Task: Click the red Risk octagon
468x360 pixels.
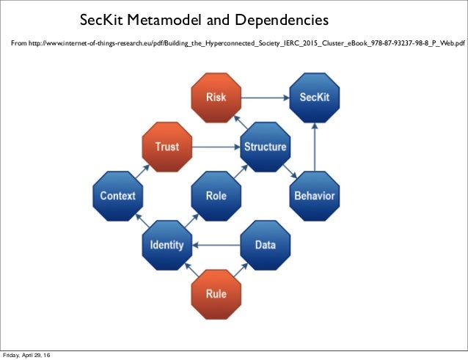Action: tap(216, 98)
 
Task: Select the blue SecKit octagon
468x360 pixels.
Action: tap(314, 98)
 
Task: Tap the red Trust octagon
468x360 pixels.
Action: tap(167, 147)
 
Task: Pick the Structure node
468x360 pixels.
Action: tap(265, 147)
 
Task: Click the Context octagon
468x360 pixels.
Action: tap(117, 196)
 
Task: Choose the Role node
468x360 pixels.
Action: tap(216, 196)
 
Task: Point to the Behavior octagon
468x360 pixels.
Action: tap(314, 196)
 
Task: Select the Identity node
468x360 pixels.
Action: tap(167, 245)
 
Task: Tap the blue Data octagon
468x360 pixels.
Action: tap(265, 245)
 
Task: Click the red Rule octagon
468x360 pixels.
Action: tap(216, 294)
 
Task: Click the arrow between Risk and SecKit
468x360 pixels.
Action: tap(265, 98)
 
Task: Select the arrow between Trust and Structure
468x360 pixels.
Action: tap(216, 147)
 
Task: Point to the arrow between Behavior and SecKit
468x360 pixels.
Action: tap(314, 147)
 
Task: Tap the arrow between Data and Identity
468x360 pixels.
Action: tap(216, 245)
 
